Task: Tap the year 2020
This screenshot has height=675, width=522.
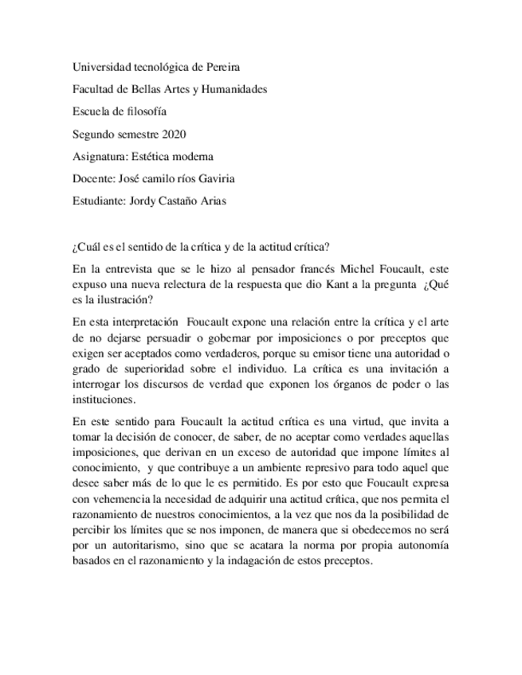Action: point(173,134)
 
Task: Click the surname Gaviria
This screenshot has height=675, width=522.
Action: point(234,178)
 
